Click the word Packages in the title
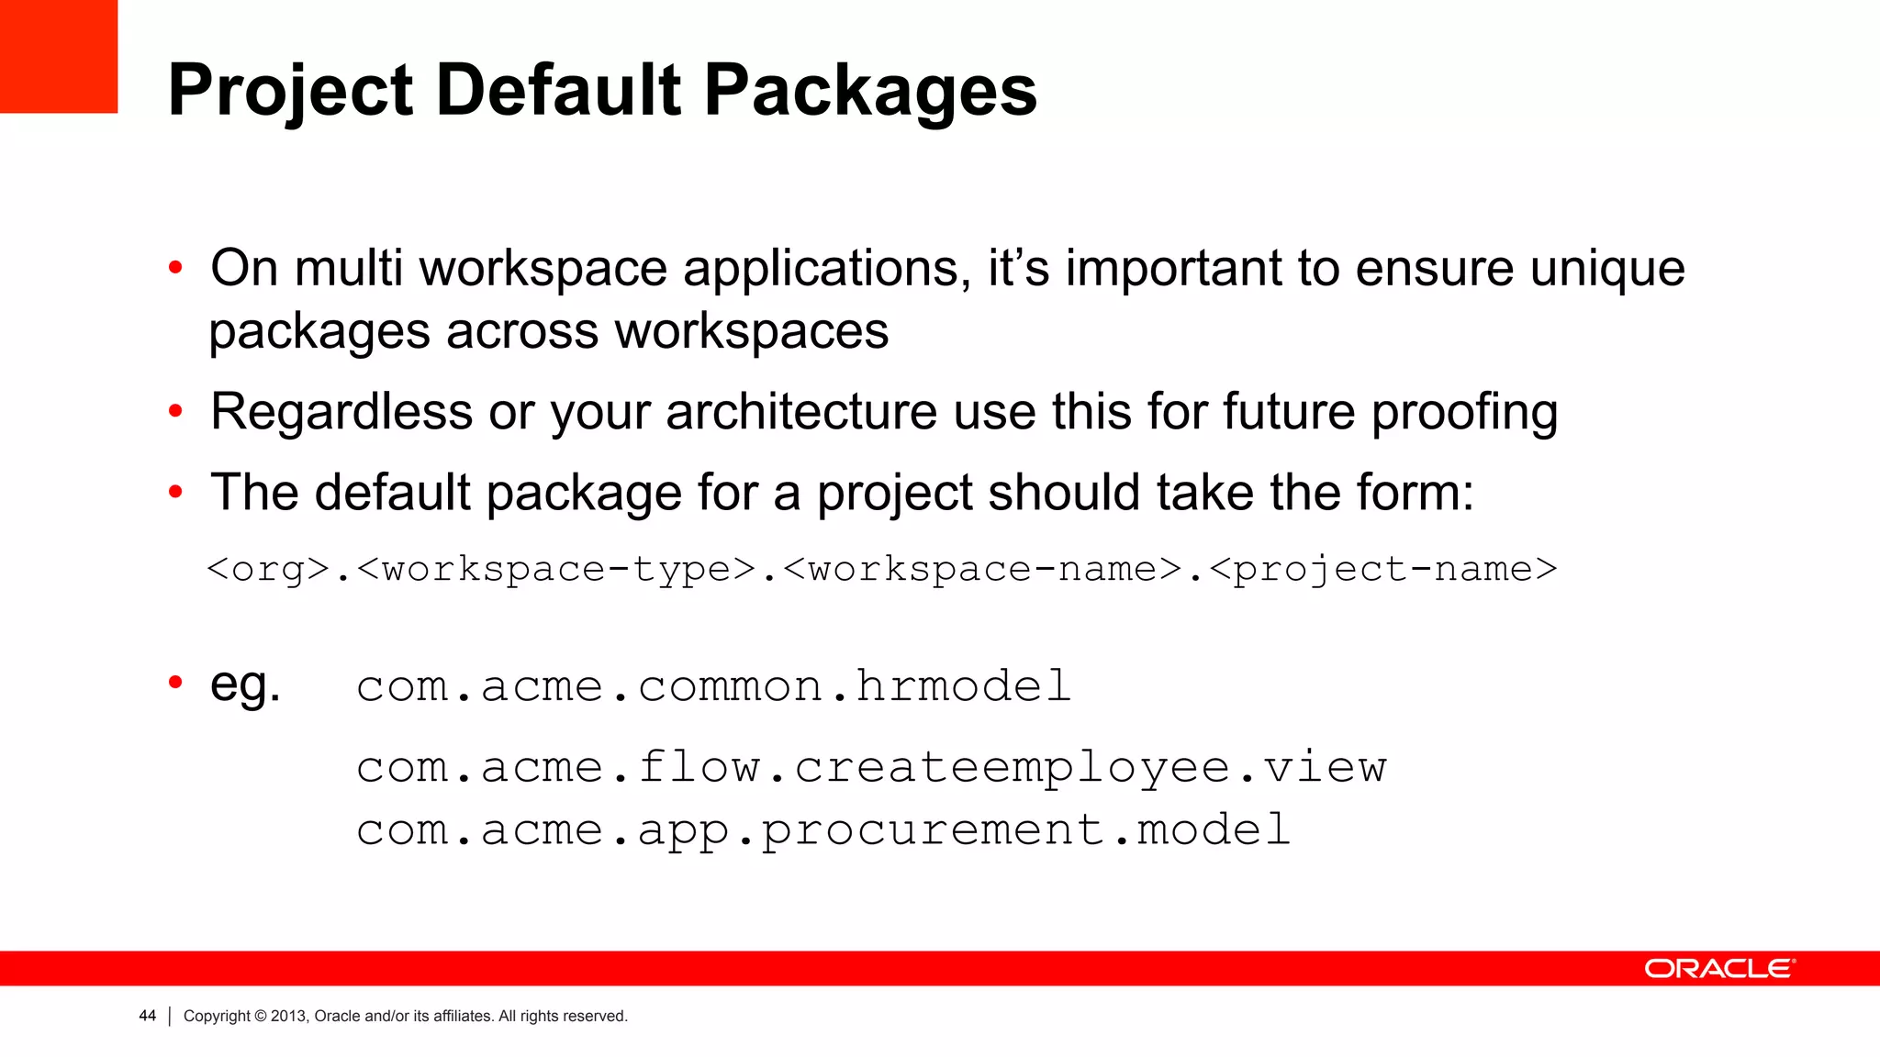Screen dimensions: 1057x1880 [x=870, y=92]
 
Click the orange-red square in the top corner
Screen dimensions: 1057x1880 [x=58, y=56]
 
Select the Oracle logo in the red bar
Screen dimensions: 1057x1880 [x=1718, y=969]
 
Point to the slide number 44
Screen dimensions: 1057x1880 [x=147, y=1016]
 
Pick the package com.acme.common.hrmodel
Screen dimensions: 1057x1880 [x=713, y=686]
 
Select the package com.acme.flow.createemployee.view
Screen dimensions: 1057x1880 [x=870, y=767]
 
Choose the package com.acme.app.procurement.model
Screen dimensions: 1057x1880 [x=823, y=829]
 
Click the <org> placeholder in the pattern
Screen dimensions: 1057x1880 [x=268, y=569]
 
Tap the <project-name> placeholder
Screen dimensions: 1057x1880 [x=1383, y=569]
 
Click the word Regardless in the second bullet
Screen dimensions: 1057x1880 [x=341, y=412]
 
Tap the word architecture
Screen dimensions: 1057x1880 [x=801, y=412]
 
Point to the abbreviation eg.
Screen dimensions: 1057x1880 [x=245, y=684]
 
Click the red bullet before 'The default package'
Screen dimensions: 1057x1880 [x=175, y=493]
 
